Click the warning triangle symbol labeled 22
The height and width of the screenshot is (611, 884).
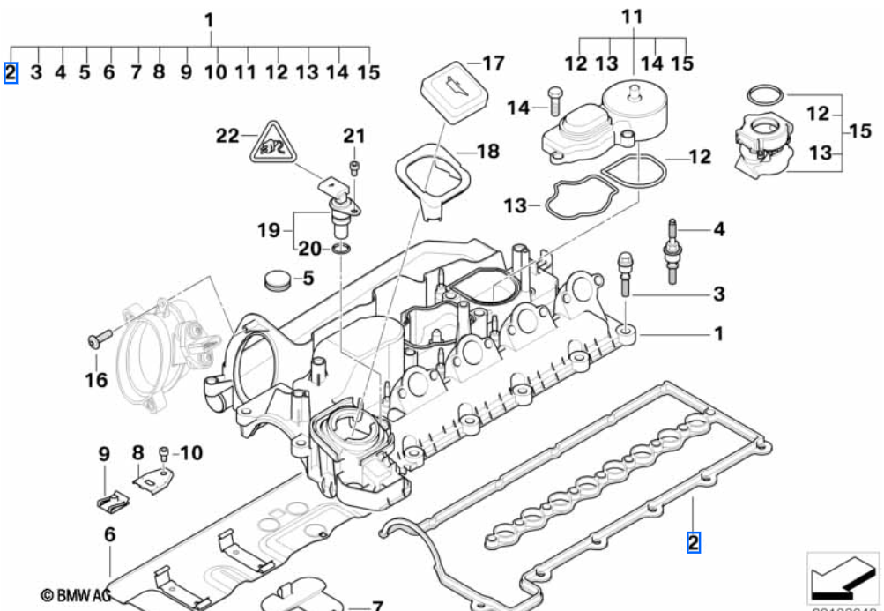(269, 145)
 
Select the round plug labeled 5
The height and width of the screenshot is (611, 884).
(278, 280)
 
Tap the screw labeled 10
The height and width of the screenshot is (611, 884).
(163, 454)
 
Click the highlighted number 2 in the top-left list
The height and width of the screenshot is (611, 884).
(11, 72)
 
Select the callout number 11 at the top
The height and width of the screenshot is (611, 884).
(632, 17)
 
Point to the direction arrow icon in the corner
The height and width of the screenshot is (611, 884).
(843, 578)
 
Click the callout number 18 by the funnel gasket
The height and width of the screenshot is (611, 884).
(487, 151)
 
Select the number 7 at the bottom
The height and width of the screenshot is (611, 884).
(376, 606)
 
